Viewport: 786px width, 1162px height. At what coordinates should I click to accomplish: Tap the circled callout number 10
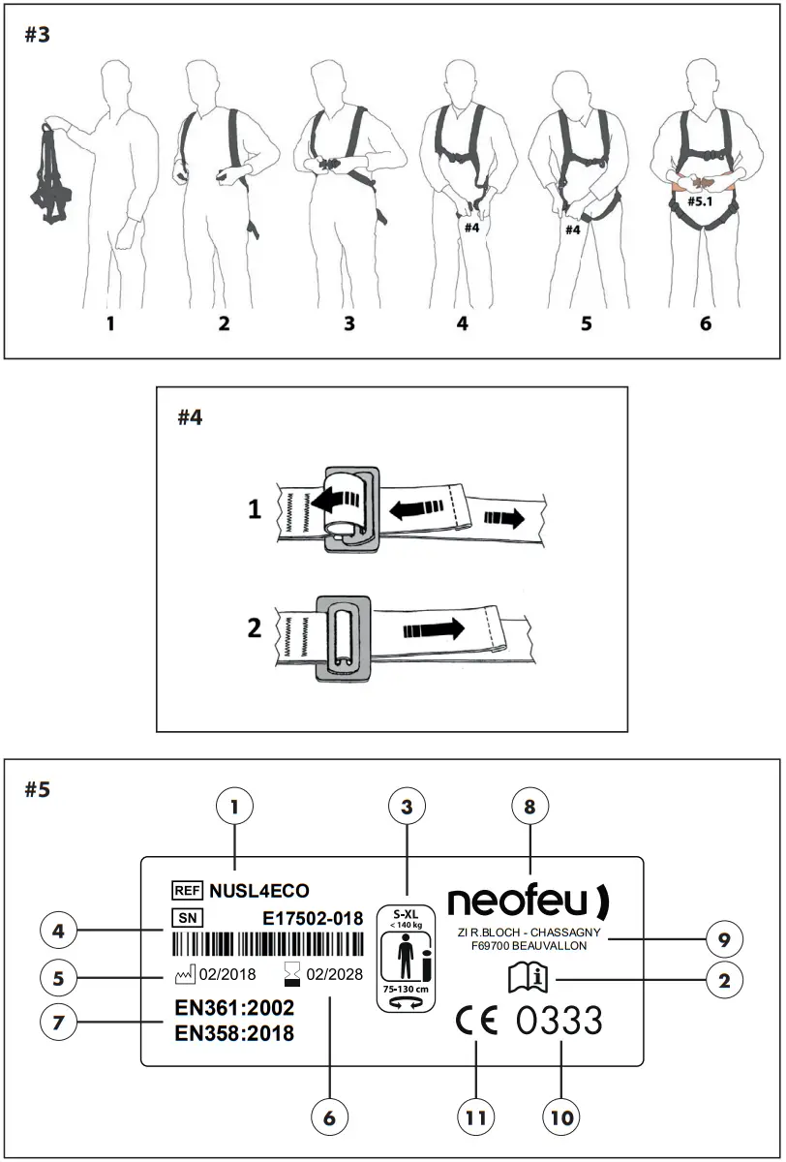coord(561,1116)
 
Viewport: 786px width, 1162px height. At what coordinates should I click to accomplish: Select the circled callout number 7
coord(59,1022)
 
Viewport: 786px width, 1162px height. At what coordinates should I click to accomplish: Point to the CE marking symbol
coord(475,1022)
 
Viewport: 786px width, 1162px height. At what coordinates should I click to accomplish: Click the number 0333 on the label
coord(559,1022)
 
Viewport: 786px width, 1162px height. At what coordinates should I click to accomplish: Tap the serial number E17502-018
coord(313,917)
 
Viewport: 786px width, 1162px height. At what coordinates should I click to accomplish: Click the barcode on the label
coord(267,945)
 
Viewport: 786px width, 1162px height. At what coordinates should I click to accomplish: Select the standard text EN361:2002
coord(234,1007)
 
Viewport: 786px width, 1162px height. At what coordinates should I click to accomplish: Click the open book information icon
coord(528,981)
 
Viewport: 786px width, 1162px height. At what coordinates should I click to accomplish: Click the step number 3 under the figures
coord(349,323)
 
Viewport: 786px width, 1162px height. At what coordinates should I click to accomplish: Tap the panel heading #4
coord(190,417)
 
